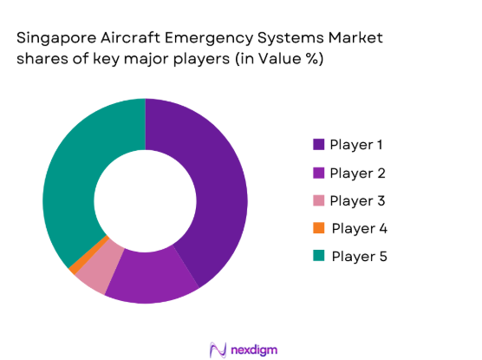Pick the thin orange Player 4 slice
coord(75,265)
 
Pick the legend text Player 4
coord(359,228)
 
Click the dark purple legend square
coord(317,144)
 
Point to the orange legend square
coord(317,228)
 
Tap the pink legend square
coord(317,200)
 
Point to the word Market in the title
coord(357,39)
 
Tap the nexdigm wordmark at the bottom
coord(251,348)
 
